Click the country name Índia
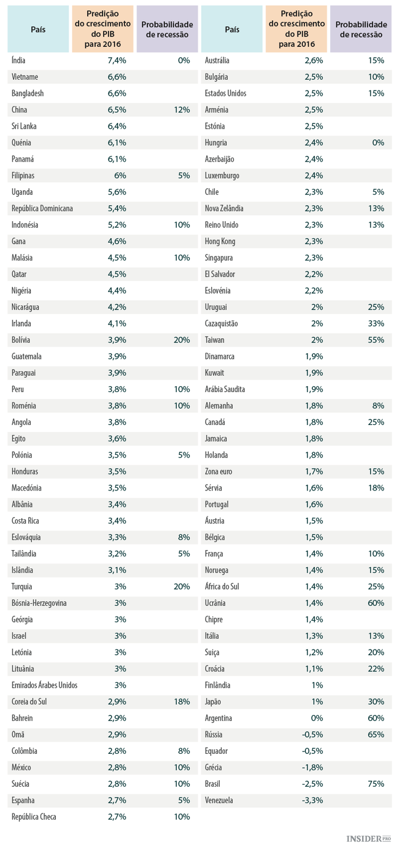pyautogui.click(x=19, y=61)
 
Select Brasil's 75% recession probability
pyautogui.click(x=376, y=784)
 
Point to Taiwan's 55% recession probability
pyautogui.click(x=376, y=340)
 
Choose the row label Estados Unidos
pyautogui.click(x=226, y=94)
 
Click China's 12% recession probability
pyautogui.click(x=181, y=110)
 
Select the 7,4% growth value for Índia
pyautogui.click(x=117, y=61)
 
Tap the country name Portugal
pyautogui.click(x=217, y=504)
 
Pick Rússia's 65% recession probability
pyautogui.click(x=376, y=735)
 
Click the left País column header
pyautogui.click(x=38, y=29)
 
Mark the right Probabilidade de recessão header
pyautogui.click(x=361, y=29)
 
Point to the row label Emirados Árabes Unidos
pyautogui.click(x=44, y=685)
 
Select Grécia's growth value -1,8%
pyautogui.click(x=313, y=768)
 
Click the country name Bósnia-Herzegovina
pyautogui.click(x=39, y=603)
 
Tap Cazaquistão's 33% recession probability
pyautogui.click(x=376, y=323)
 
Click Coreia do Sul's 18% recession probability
pyautogui.click(x=181, y=702)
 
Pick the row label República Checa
pyautogui.click(x=34, y=817)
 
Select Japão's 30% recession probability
pyautogui.click(x=376, y=702)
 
